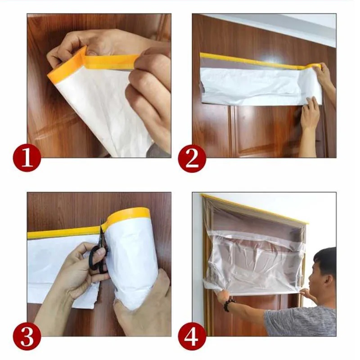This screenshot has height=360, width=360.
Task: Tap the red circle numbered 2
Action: tap(192, 158)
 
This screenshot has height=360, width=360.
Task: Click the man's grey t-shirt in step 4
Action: tap(301, 321)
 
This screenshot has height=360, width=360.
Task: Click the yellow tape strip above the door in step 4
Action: tap(255, 209)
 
